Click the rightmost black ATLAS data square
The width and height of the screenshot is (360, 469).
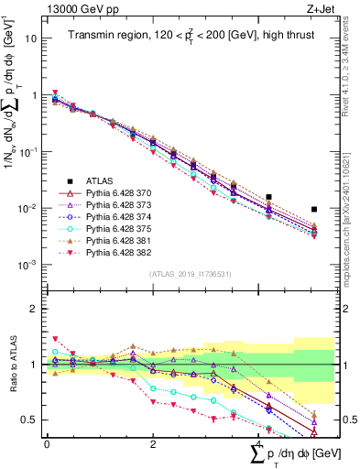pos(314,210)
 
